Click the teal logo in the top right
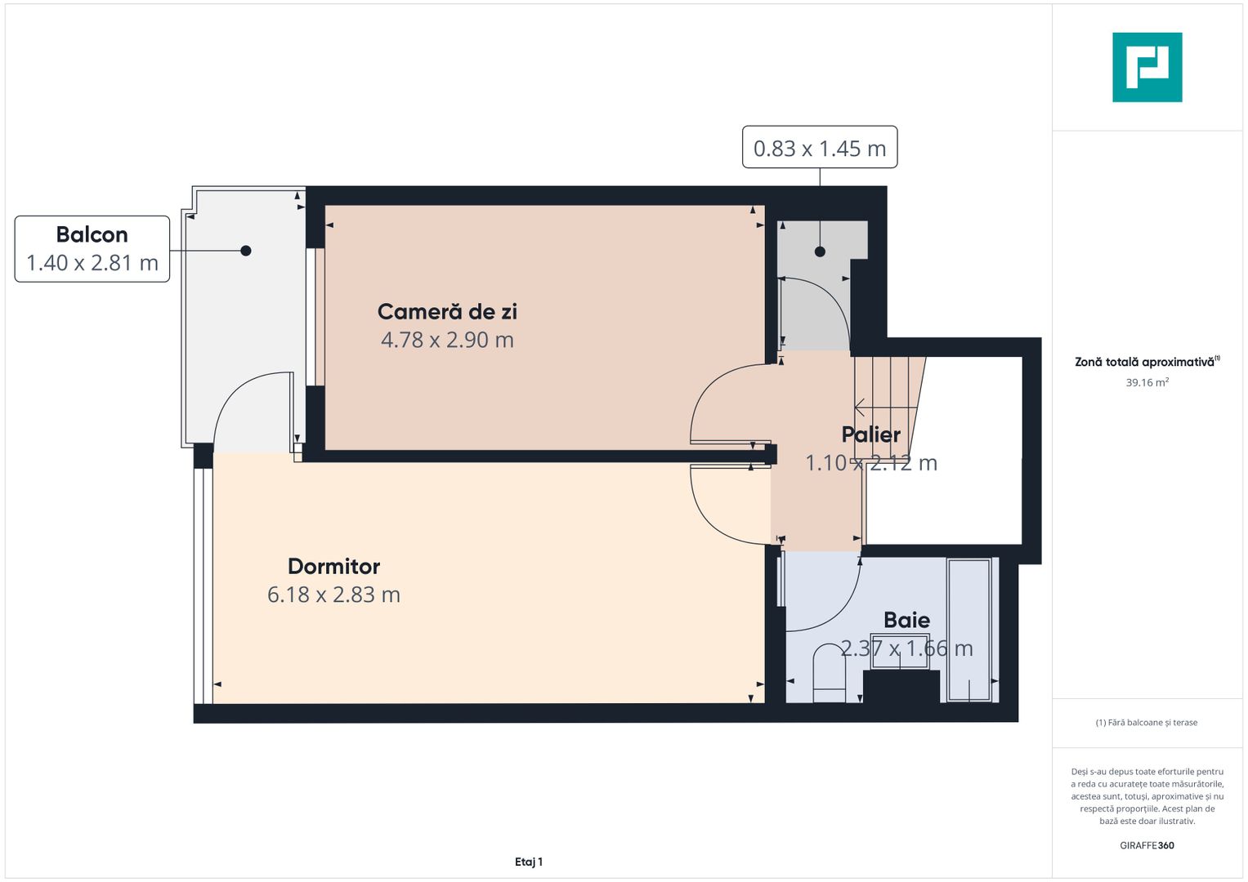1147,67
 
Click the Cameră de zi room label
447,311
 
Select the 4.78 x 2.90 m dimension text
447,340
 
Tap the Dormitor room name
333,566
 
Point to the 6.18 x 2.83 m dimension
333,595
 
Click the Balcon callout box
92,248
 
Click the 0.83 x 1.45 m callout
819,148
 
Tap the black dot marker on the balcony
246,251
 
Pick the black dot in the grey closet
820,252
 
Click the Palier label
870,434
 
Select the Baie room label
906,620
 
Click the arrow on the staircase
861,407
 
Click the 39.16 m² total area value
1147,382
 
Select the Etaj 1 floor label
529,862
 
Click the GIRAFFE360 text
1147,845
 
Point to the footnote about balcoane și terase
1147,723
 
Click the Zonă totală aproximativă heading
1144,362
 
